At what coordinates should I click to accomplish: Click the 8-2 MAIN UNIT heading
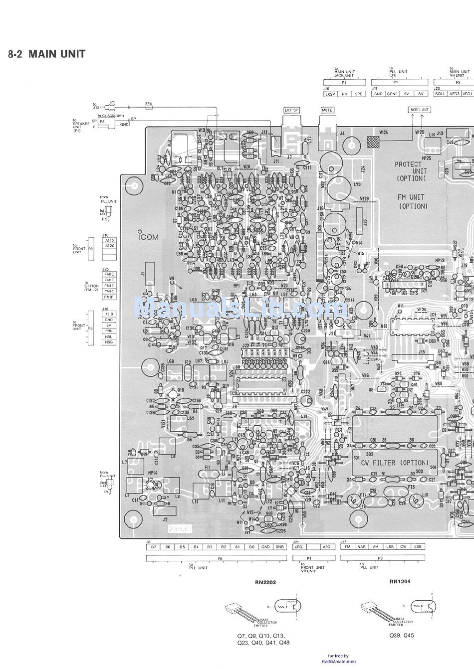click(46, 54)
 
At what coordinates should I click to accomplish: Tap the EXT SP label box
click(291, 110)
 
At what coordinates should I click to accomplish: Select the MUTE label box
click(327, 110)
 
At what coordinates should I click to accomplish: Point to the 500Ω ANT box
click(419, 109)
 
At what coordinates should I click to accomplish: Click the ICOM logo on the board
click(148, 237)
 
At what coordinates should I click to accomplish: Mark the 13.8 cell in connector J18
click(108, 314)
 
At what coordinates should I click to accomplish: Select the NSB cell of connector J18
click(108, 342)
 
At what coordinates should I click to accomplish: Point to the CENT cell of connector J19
click(393, 94)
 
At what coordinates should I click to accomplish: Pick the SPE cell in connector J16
click(358, 94)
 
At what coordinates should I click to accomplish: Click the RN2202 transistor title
click(265, 582)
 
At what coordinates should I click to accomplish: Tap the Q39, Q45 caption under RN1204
click(402, 636)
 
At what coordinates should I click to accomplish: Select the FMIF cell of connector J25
click(108, 297)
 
